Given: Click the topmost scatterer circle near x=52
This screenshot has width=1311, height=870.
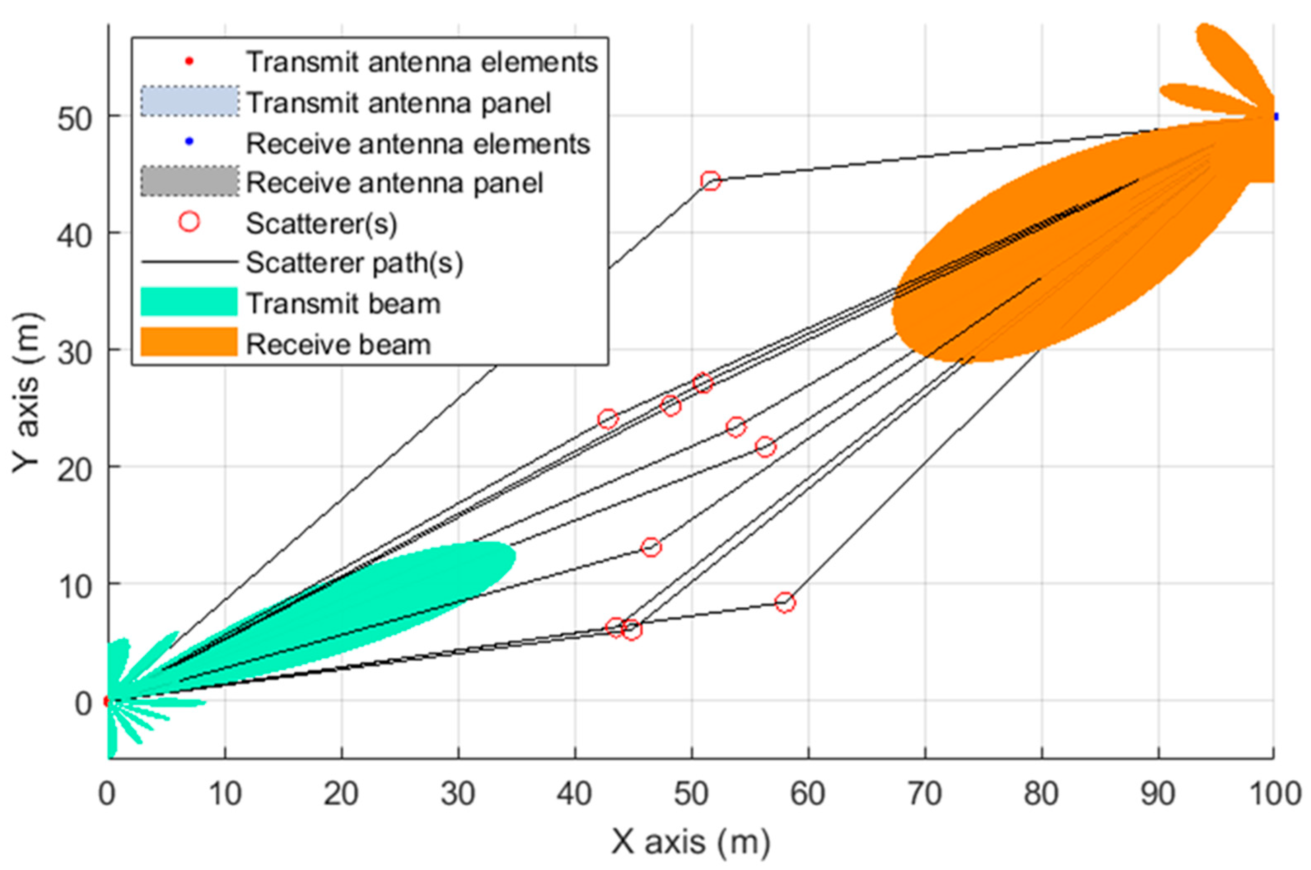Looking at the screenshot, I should [710, 180].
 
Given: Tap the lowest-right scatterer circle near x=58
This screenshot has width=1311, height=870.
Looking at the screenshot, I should [784, 602].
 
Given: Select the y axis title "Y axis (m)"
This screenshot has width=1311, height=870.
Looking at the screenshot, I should [27, 393].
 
